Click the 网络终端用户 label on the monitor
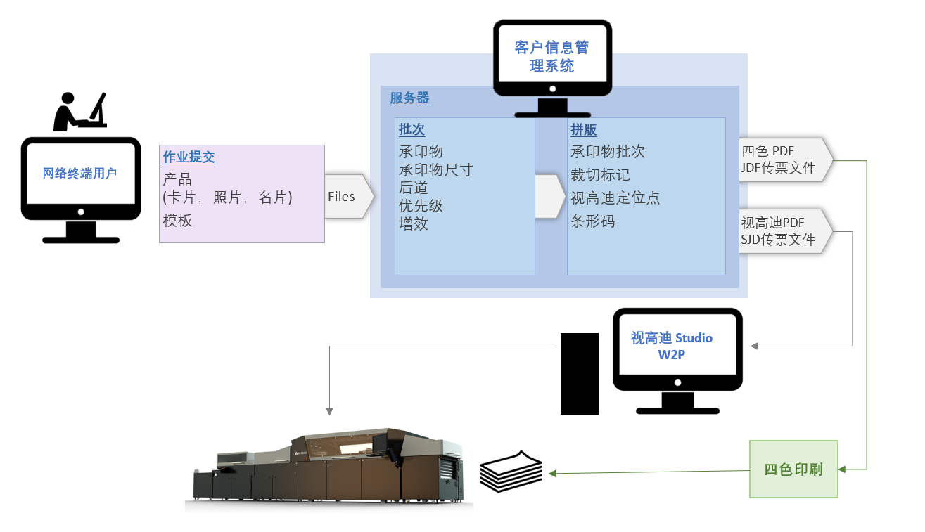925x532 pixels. coord(79,174)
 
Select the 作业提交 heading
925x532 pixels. coord(189,157)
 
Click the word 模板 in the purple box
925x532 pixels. coord(177,221)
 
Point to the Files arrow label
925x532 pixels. coord(342,197)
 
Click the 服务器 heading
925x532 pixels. coord(409,98)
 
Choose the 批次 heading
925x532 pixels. coord(412,130)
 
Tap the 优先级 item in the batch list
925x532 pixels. coord(421,206)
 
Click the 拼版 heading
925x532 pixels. coord(584,130)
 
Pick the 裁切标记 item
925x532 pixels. coord(600,175)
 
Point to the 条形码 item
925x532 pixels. coord(592,221)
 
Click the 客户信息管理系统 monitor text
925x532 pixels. coord(551,57)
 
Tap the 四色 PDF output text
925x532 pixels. coord(767,151)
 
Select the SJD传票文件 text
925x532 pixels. coord(778,240)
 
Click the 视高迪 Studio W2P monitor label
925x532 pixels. coord(672,346)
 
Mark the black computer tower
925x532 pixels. coord(579,373)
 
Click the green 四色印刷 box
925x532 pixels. coord(793,469)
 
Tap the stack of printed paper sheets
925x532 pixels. coord(511,471)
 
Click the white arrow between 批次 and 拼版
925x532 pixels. coord(550,196)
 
